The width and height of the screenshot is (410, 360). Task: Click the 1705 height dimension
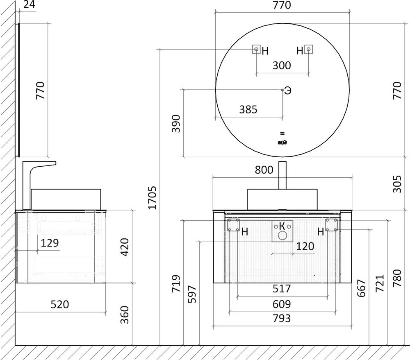pyautogui.click(x=153, y=197)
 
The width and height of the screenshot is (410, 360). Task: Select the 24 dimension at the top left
pyautogui.click(x=28, y=5)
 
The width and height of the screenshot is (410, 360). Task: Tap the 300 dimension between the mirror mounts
pyautogui.click(x=282, y=66)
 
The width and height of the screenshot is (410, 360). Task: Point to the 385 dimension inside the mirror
pyautogui.click(x=248, y=109)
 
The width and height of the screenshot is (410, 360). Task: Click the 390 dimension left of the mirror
pyautogui.click(x=176, y=123)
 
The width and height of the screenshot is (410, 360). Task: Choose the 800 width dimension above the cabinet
pyautogui.click(x=264, y=170)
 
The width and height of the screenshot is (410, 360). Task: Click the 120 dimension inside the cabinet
pyautogui.click(x=305, y=246)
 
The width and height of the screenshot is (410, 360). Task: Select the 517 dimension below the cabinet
pyautogui.click(x=282, y=289)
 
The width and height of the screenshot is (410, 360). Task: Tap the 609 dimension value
pyautogui.click(x=282, y=304)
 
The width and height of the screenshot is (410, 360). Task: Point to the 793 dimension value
pyautogui.click(x=282, y=318)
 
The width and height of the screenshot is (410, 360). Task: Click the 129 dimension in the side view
pyautogui.click(x=50, y=243)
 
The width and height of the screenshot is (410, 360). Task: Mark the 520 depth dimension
pyautogui.click(x=60, y=305)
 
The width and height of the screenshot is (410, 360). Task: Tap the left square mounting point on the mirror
pyautogui.click(x=256, y=50)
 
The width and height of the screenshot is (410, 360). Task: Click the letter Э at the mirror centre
pyautogui.click(x=288, y=91)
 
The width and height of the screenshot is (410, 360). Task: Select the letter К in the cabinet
pyautogui.click(x=282, y=226)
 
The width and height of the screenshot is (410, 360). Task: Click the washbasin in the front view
pyautogui.click(x=282, y=199)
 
